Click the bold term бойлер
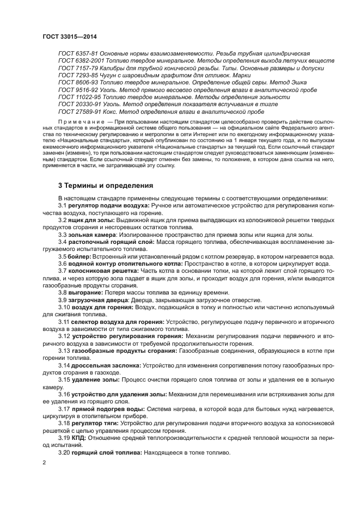[x=78, y=256]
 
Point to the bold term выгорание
[x=87, y=292]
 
